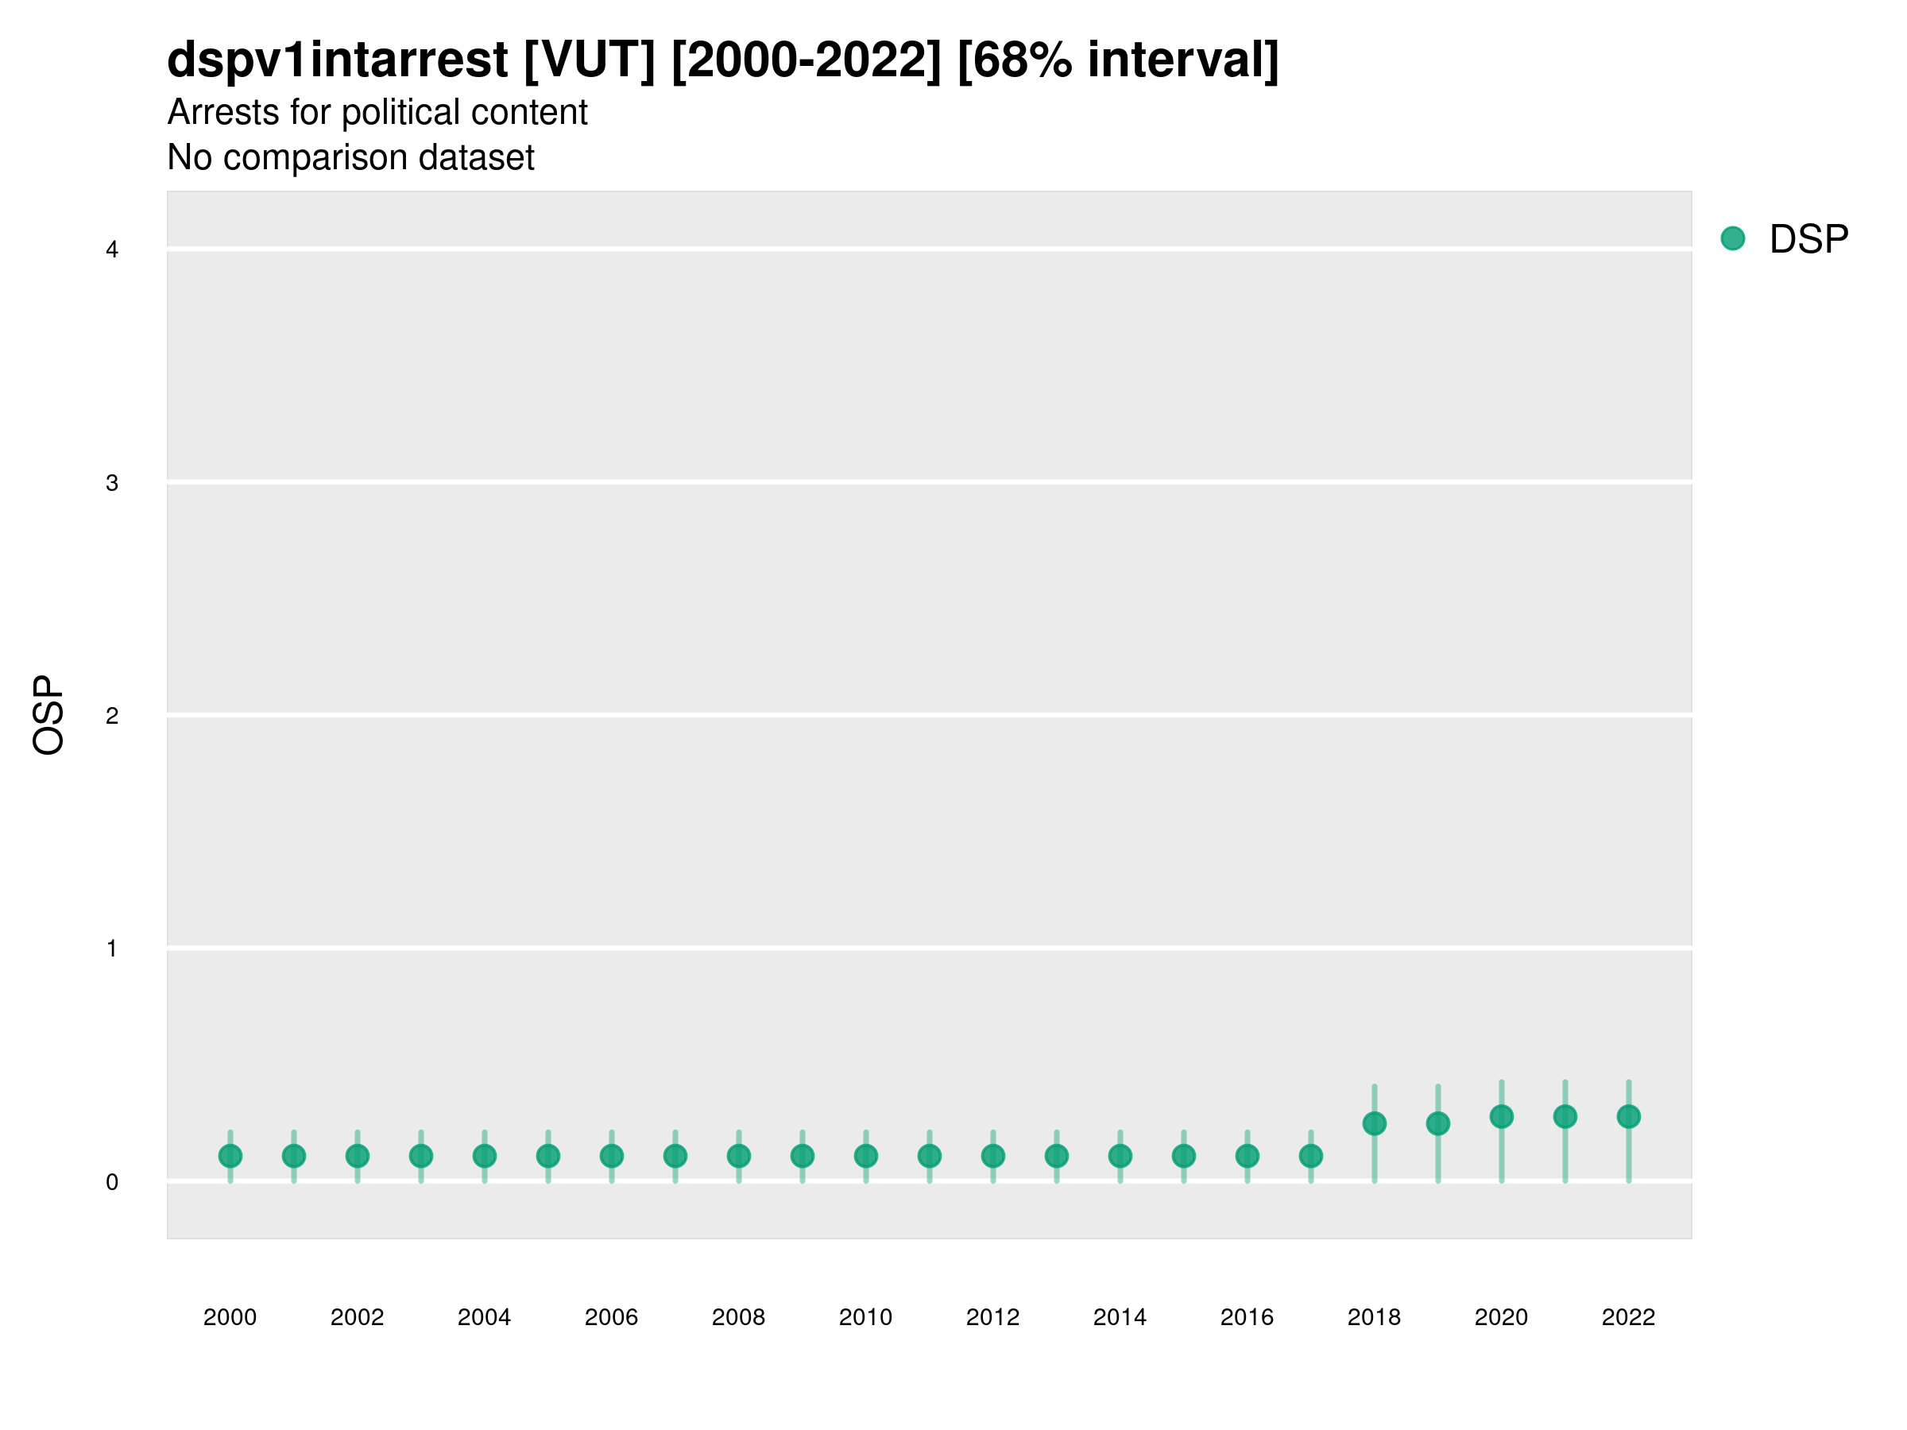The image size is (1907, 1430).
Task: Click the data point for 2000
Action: tap(230, 1156)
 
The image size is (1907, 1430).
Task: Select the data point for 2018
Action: tap(1374, 1123)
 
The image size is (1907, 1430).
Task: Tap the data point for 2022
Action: tap(1629, 1116)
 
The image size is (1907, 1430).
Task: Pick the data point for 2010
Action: tap(865, 1156)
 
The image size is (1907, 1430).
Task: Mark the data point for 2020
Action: tap(1501, 1116)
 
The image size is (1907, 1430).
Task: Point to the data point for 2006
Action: tap(611, 1156)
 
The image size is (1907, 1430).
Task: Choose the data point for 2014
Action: tap(1120, 1156)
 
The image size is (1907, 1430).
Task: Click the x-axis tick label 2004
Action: tap(484, 1317)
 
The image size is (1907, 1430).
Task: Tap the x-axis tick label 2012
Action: tap(992, 1317)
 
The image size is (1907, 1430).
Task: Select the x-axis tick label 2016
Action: tap(1247, 1317)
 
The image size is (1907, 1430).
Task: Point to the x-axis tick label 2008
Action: tap(738, 1317)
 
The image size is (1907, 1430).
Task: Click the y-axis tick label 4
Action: tap(112, 250)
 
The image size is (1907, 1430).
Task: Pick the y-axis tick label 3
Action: tap(112, 483)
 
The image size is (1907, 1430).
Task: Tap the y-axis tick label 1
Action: tap(112, 949)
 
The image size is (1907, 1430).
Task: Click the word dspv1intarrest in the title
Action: tap(337, 60)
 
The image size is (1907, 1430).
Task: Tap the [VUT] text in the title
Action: tap(589, 60)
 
